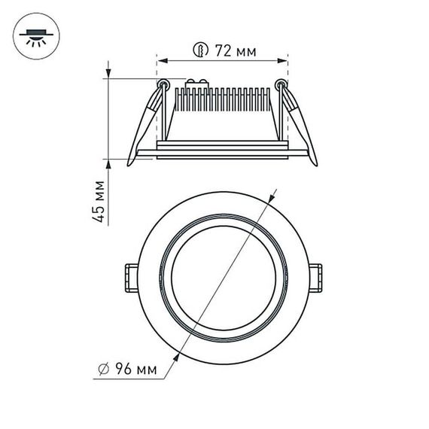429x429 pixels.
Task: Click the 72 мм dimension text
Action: [235, 51]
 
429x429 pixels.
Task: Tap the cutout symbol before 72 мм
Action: [199, 51]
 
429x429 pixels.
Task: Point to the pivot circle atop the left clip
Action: [162, 83]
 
